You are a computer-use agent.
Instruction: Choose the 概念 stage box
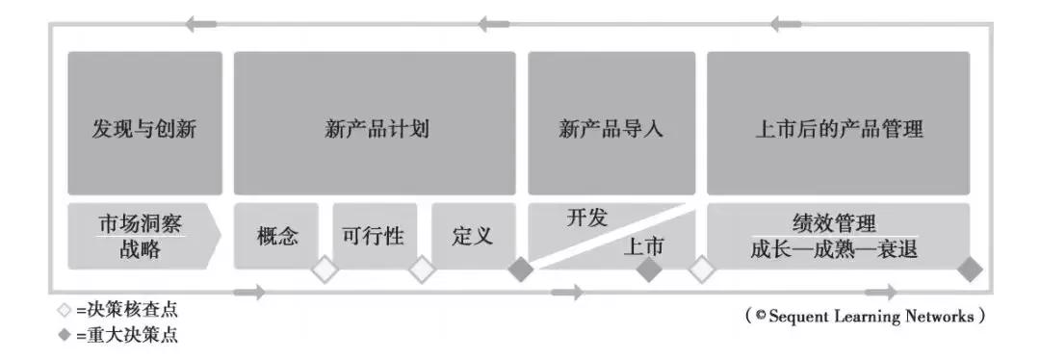(x=278, y=236)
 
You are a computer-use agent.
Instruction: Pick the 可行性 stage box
(x=375, y=236)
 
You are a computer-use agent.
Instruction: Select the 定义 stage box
(x=472, y=236)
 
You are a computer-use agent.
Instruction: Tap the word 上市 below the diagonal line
(x=643, y=247)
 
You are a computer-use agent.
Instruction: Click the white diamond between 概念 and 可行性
(x=325, y=270)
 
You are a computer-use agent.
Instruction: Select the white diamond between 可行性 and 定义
(x=423, y=270)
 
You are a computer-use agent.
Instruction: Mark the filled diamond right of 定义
(x=521, y=270)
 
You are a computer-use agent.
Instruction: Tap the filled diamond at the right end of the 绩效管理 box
(x=970, y=270)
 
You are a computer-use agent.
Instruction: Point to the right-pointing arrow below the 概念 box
(x=249, y=293)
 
